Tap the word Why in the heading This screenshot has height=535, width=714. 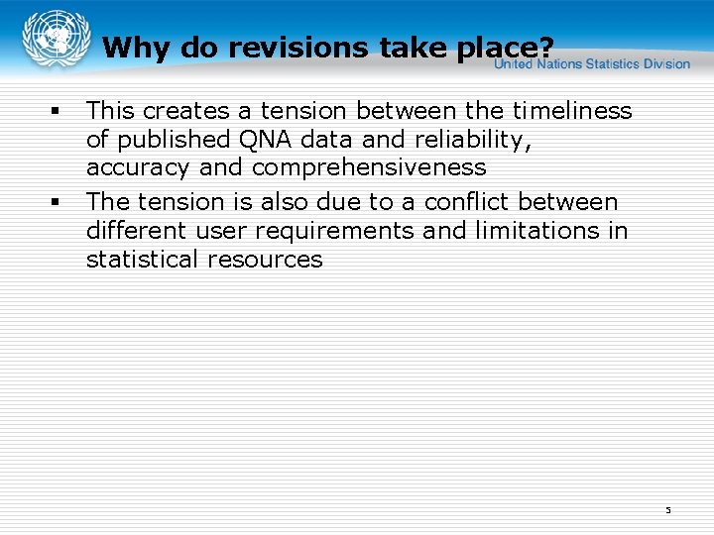click(134, 47)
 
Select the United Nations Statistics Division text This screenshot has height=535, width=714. click(592, 63)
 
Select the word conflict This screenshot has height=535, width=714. click(464, 201)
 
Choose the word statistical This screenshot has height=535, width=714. click(142, 259)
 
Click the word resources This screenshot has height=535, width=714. click(265, 259)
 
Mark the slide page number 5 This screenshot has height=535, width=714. click(668, 509)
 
